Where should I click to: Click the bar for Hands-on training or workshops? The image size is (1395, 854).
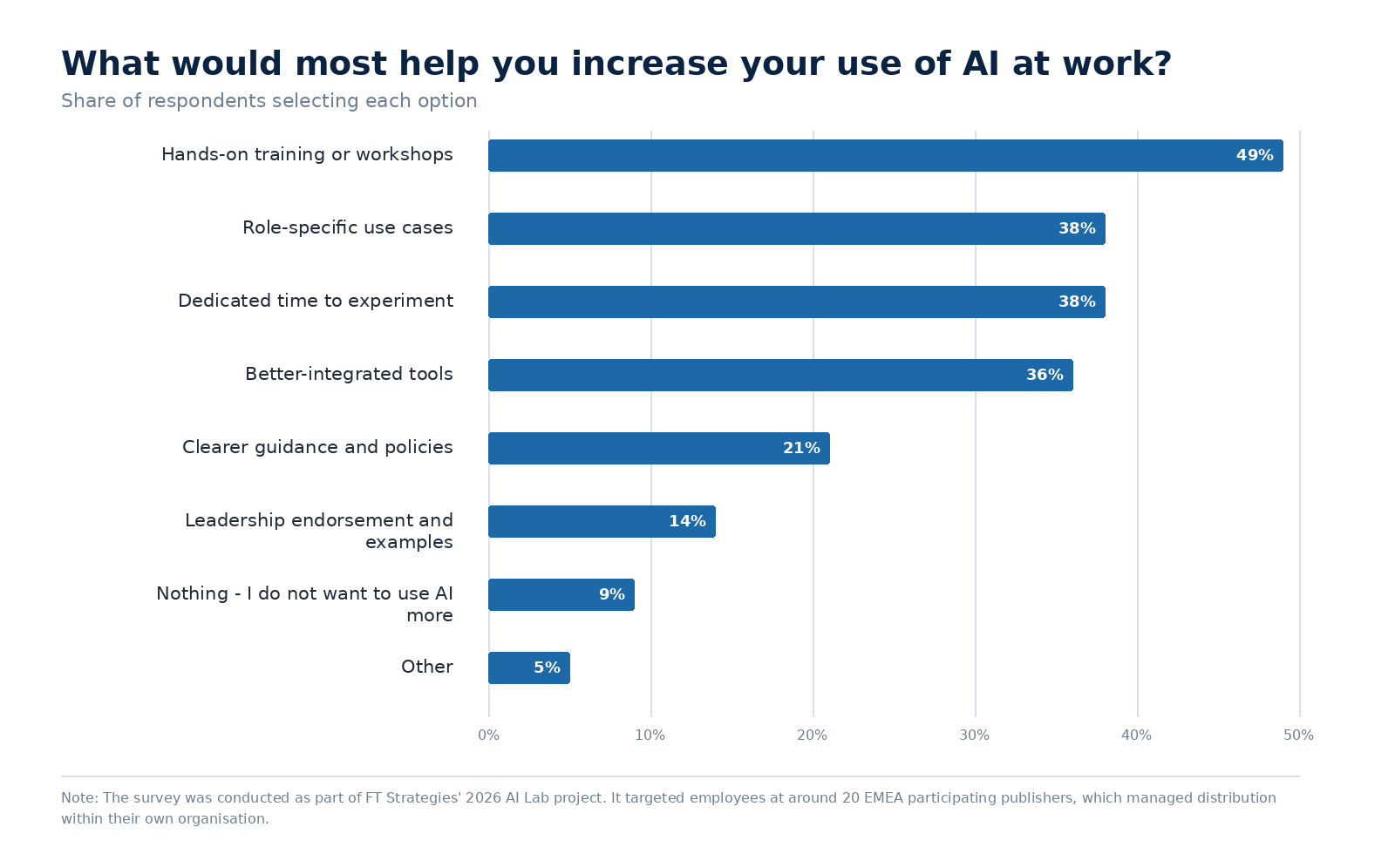[886, 156]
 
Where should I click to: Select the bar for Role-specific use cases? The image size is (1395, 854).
[797, 228]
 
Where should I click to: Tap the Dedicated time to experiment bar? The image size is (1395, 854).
[797, 302]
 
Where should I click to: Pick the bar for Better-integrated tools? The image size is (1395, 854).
[780, 376]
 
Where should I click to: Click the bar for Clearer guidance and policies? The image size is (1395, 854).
[659, 448]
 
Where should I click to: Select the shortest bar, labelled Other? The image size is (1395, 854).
[528, 668]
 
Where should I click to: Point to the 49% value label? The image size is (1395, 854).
[1255, 156]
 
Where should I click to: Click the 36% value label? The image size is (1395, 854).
[1045, 376]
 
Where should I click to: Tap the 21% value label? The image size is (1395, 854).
[801, 448]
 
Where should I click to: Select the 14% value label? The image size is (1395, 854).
[687, 522]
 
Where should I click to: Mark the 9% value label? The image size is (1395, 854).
[611, 594]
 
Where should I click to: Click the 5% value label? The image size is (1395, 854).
[547, 668]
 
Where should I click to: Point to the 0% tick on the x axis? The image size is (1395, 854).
[488, 735]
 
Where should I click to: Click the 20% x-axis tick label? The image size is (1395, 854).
[812, 735]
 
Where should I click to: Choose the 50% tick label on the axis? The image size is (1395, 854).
[1298, 735]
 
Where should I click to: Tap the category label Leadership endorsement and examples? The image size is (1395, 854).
[319, 531]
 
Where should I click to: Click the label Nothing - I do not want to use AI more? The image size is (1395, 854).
[304, 605]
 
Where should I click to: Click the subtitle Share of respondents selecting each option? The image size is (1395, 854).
[269, 101]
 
